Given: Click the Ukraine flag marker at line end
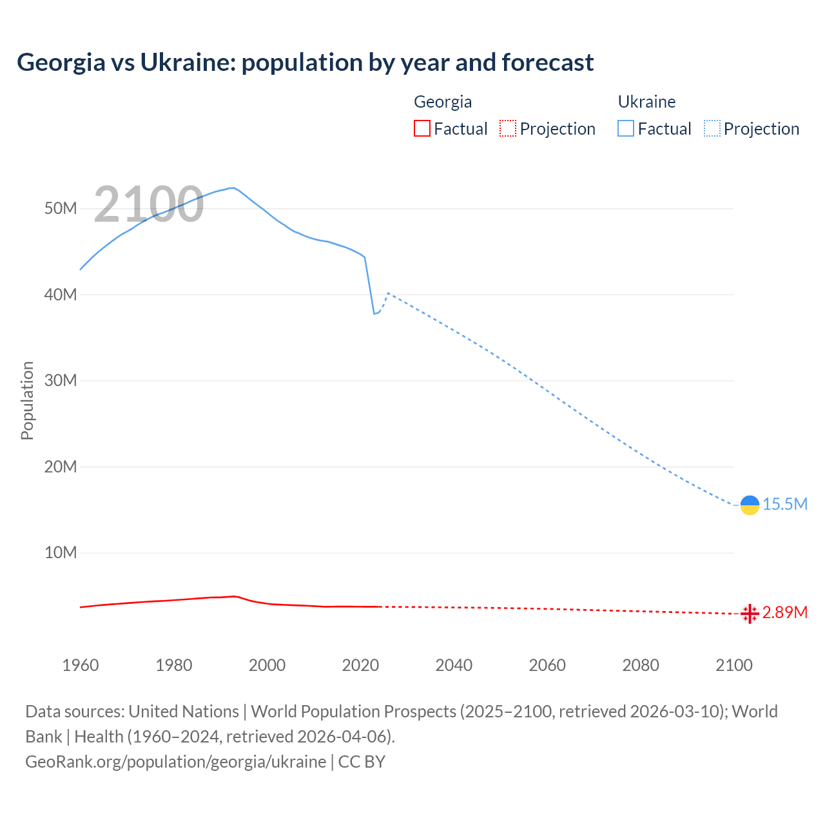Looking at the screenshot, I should pyautogui.click(x=750, y=505).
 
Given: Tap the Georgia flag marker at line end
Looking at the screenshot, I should pyautogui.click(x=750, y=614).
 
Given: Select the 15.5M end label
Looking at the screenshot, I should pyautogui.click(x=785, y=505).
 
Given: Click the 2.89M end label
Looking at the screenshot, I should pyautogui.click(x=785, y=612).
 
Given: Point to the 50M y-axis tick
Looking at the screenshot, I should pyautogui.click(x=61, y=209).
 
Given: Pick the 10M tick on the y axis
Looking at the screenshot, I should pyautogui.click(x=61, y=553).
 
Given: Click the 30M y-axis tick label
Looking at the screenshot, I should pyautogui.click(x=61, y=381).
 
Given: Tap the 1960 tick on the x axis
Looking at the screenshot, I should pyautogui.click(x=81, y=665).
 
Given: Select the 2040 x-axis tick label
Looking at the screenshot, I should pyautogui.click(x=454, y=665).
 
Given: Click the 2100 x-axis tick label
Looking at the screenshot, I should pyautogui.click(x=733, y=665).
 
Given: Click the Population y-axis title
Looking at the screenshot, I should pyautogui.click(x=27, y=400).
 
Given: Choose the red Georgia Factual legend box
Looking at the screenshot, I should pyautogui.click(x=422, y=128).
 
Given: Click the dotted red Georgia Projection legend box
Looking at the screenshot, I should pyautogui.click(x=508, y=128).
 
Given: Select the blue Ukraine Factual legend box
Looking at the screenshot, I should pyautogui.click(x=626, y=128).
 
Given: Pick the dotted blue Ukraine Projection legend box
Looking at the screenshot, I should pyautogui.click(x=712, y=128).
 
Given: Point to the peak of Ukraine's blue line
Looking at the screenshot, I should pyautogui.click(x=232, y=188).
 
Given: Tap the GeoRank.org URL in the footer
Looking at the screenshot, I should pyautogui.click(x=175, y=762).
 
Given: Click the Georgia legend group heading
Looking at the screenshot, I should pyautogui.click(x=443, y=102).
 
